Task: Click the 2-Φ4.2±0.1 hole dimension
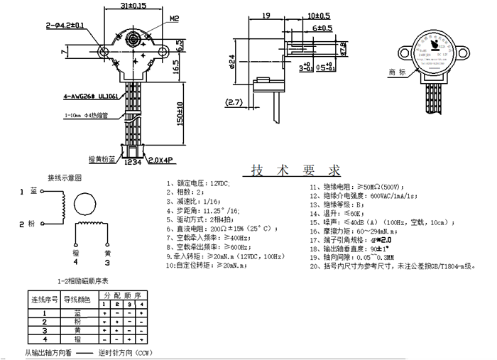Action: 65,26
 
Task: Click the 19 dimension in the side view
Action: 266,15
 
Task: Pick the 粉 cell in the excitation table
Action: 78,322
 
